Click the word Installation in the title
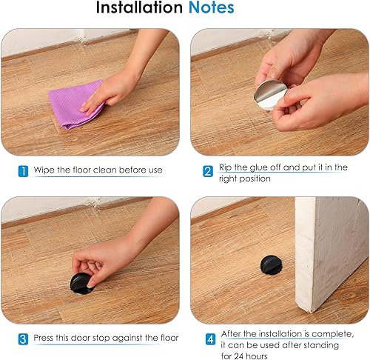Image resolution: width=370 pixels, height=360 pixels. coord(139,7)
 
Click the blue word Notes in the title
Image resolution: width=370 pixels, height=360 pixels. coord(212,7)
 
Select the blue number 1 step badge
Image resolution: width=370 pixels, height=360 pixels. coord(23,171)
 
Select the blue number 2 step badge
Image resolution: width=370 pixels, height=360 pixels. coord(208,171)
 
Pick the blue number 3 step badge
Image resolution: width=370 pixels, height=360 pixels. coord(23,339)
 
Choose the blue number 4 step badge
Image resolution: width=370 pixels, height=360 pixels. coord(210,339)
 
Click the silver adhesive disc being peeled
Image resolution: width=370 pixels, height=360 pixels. coord(269,95)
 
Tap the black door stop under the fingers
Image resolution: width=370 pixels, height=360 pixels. coord(81,284)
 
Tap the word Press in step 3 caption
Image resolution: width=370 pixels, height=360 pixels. coord(43,338)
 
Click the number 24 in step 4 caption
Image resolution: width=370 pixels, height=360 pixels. coord(237,356)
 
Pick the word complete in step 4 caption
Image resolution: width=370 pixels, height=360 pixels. coord(333,334)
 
